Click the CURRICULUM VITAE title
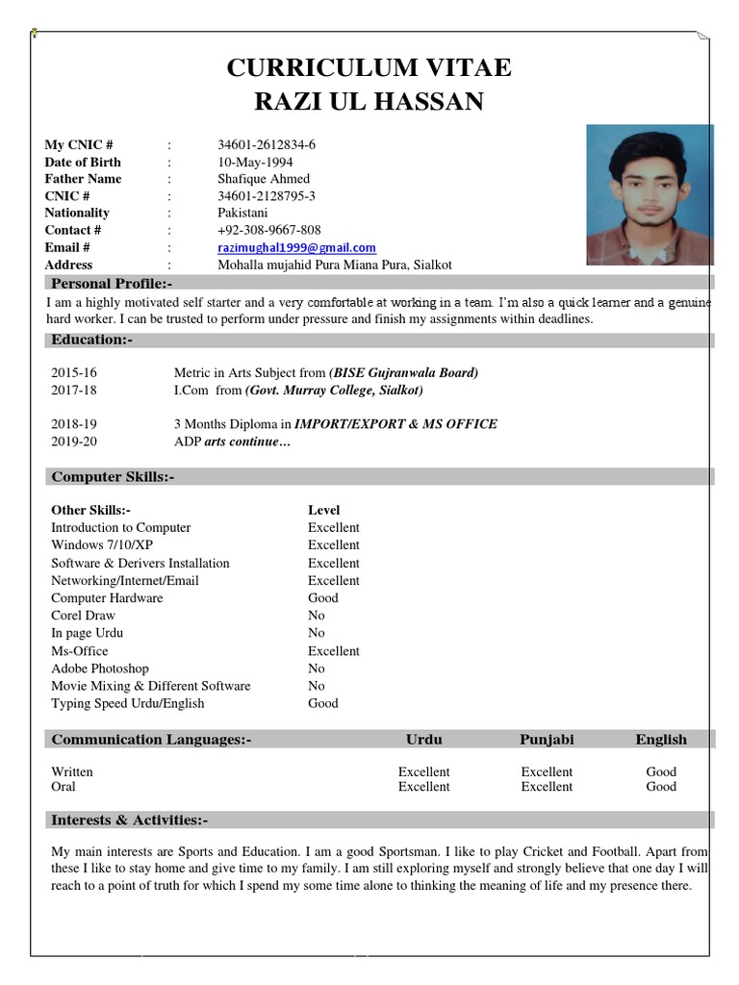pyautogui.click(x=369, y=68)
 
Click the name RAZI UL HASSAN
pyautogui.click(x=369, y=101)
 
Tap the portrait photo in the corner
pyautogui.click(x=650, y=195)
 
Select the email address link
pyautogui.click(x=296, y=248)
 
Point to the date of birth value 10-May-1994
pyautogui.click(x=255, y=162)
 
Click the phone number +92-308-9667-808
pyautogui.click(x=269, y=230)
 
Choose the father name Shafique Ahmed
pyautogui.click(x=264, y=179)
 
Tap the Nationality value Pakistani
pyautogui.click(x=244, y=213)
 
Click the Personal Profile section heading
pyautogui.click(x=112, y=283)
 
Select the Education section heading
pyautogui.click(x=91, y=340)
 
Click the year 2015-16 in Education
pyautogui.click(x=74, y=372)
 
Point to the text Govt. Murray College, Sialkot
pyautogui.click(x=334, y=391)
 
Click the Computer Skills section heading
pyautogui.click(x=113, y=477)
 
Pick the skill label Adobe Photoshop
pyautogui.click(x=100, y=669)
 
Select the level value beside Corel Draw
pyautogui.click(x=317, y=616)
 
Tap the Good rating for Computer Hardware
pyautogui.click(x=323, y=598)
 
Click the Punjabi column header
pyautogui.click(x=547, y=740)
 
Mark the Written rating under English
pyautogui.click(x=661, y=771)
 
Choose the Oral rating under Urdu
pyautogui.click(x=423, y=787)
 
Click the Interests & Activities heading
pyautogui.click(x=129, y=821)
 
